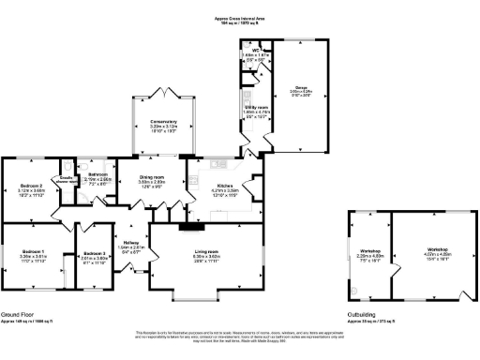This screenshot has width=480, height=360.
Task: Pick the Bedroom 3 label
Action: (92, 254)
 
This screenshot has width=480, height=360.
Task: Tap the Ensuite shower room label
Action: (67, 178)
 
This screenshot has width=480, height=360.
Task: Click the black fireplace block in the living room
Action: (191, 225)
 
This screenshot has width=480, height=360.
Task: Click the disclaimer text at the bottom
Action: (240, 336)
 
